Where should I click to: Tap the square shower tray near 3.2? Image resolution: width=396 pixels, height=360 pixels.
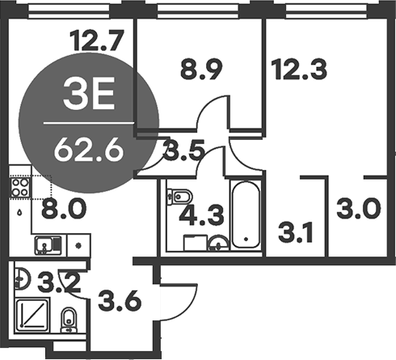click(x=34, y=316)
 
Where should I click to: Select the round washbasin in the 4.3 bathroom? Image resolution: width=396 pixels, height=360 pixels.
click(x=216, y=244)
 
